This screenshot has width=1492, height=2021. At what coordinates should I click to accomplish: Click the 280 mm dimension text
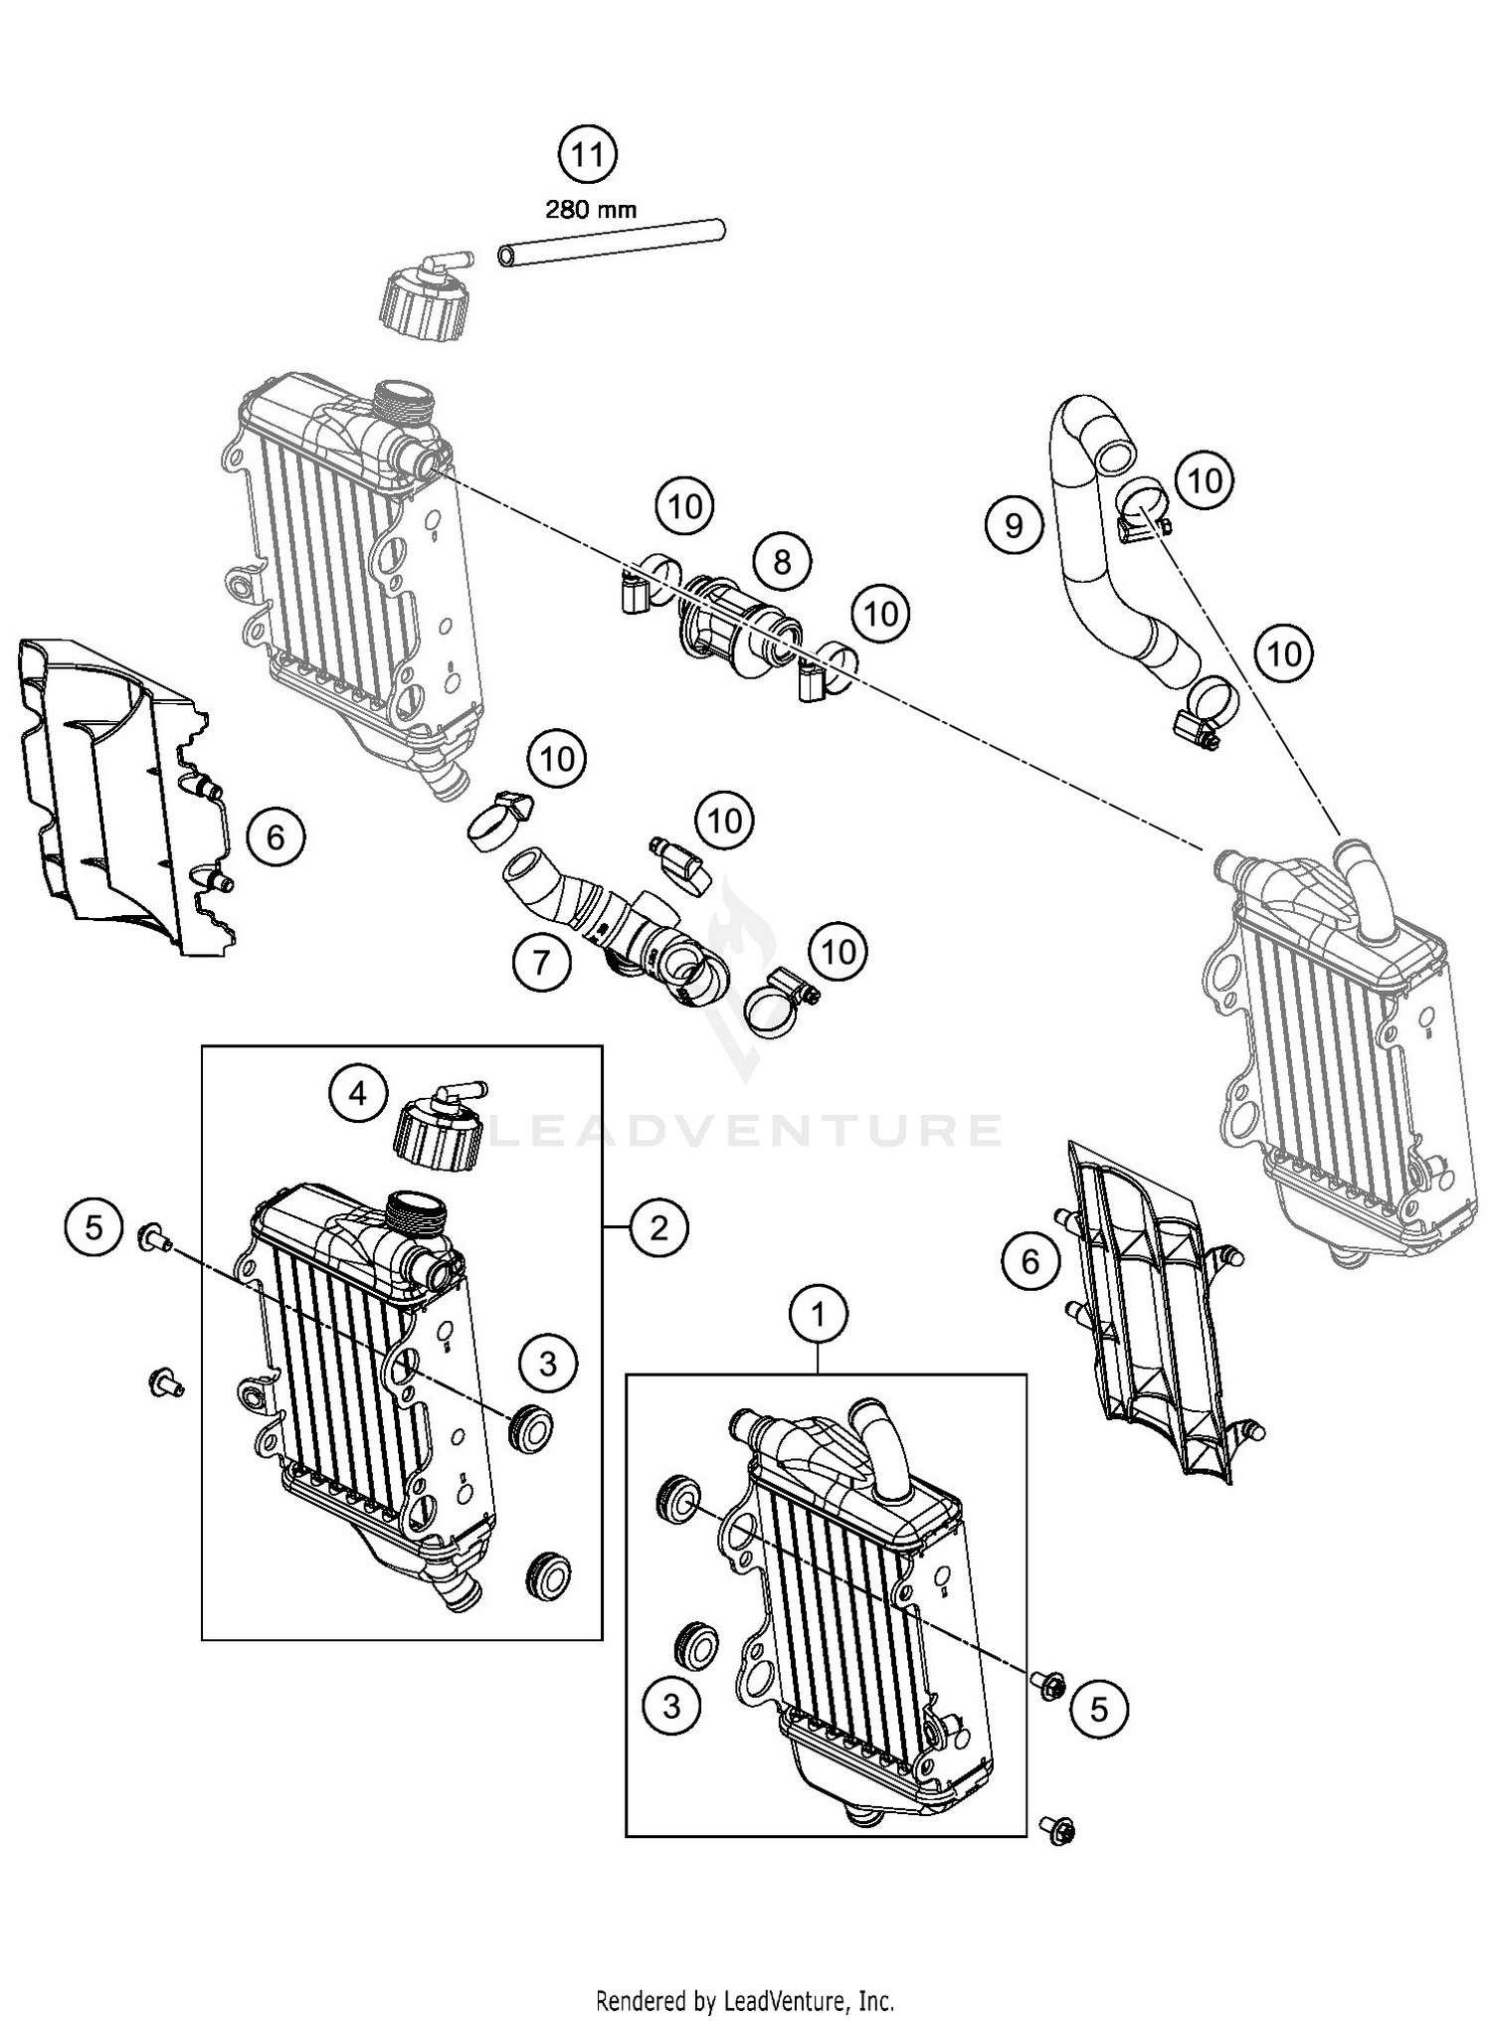coord(590,210)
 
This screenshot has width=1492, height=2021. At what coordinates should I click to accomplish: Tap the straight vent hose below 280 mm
coord(611,244)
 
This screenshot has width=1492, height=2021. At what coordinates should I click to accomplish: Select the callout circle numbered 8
coord(782,562)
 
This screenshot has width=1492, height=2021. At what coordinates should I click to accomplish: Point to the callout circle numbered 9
coord(1014,524)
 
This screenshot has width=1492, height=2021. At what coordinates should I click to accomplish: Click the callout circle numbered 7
coord(541,962)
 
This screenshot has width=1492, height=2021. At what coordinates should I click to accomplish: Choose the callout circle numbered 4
coord(358,1094)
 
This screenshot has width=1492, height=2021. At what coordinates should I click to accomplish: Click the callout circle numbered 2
coord(659,1229)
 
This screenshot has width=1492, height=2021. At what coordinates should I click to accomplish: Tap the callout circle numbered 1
coord(818,1316)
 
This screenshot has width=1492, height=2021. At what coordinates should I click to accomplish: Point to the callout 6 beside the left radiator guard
coord(275,836)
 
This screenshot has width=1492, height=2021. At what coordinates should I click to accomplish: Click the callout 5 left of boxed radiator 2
coord(93,1227)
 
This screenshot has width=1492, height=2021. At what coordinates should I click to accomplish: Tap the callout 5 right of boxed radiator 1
coord(1098,1709)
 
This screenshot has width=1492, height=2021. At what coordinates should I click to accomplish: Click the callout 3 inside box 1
coord(671,1706)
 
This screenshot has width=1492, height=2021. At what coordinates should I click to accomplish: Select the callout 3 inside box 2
coord(548,1363)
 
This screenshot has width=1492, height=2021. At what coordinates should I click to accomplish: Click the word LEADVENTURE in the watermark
coord(746,1131)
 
